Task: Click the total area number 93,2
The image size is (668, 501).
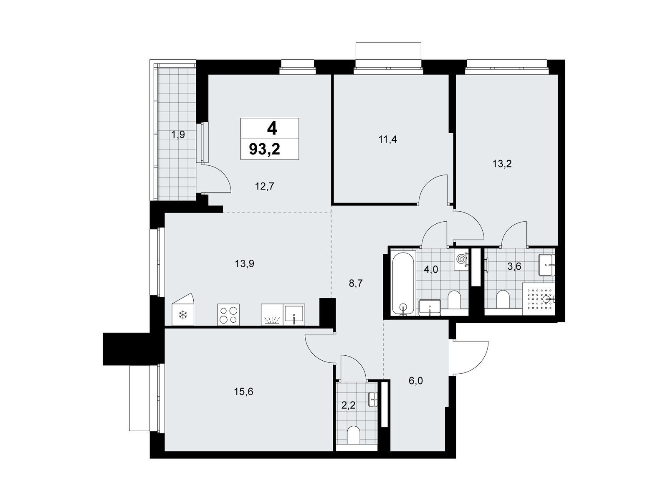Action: (x=264, y=149)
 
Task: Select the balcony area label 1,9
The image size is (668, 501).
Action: (x=178, y=135)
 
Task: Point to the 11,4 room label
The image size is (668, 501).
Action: (x=387, y=139)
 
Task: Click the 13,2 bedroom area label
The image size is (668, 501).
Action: (x=502, y=164)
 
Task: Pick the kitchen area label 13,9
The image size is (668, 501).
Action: (x=244, y=264)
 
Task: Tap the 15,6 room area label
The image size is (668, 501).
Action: (x=243, y=392)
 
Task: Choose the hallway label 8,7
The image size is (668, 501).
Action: (x=356, y=283)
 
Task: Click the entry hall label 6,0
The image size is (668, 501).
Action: (x=416, y=380)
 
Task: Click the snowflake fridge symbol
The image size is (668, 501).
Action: (x=182, y=315)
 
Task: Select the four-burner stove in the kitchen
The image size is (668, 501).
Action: (x=228, y=314)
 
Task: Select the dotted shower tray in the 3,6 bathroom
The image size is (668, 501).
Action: (x=539, y=299)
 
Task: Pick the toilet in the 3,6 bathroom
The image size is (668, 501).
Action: (x=502, y=299)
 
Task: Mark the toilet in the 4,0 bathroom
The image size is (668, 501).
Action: (x=455, y=300)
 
